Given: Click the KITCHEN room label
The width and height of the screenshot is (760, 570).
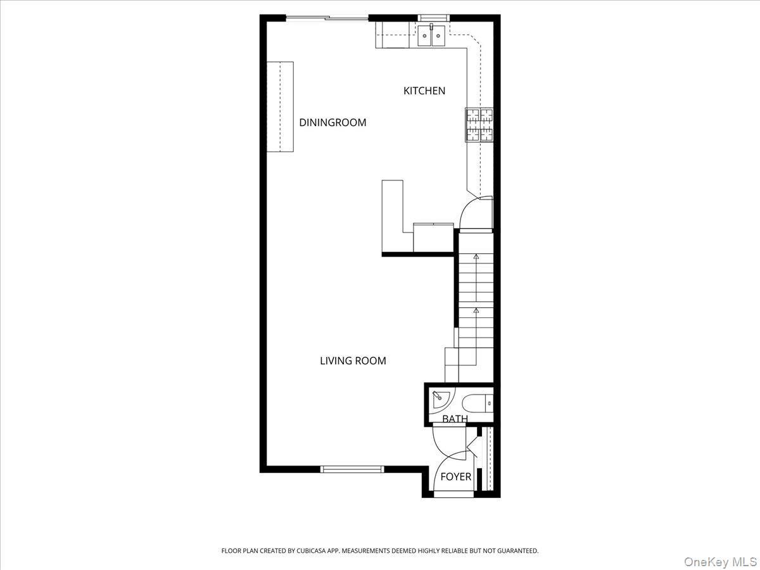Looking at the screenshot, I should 424,91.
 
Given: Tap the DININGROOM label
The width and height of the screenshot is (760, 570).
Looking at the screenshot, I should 332,122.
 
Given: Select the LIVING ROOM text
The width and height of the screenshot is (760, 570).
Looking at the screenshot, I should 353,361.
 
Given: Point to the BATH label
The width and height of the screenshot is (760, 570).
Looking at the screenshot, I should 455,419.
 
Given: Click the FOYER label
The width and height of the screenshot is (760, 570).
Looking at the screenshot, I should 456,476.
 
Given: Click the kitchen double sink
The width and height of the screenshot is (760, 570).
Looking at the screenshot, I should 432,36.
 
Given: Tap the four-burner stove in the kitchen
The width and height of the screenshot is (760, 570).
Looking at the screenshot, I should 479,124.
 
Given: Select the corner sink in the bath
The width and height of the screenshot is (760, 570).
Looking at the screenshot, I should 440,399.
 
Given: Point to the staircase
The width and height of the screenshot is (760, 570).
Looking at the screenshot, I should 475,304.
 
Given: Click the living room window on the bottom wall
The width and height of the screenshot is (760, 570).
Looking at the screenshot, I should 352,469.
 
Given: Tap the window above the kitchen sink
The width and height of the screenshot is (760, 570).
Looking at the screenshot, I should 432,18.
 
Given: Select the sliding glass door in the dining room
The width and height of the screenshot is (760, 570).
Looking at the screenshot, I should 327,18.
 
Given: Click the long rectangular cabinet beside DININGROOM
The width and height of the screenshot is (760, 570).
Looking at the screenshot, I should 279,106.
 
